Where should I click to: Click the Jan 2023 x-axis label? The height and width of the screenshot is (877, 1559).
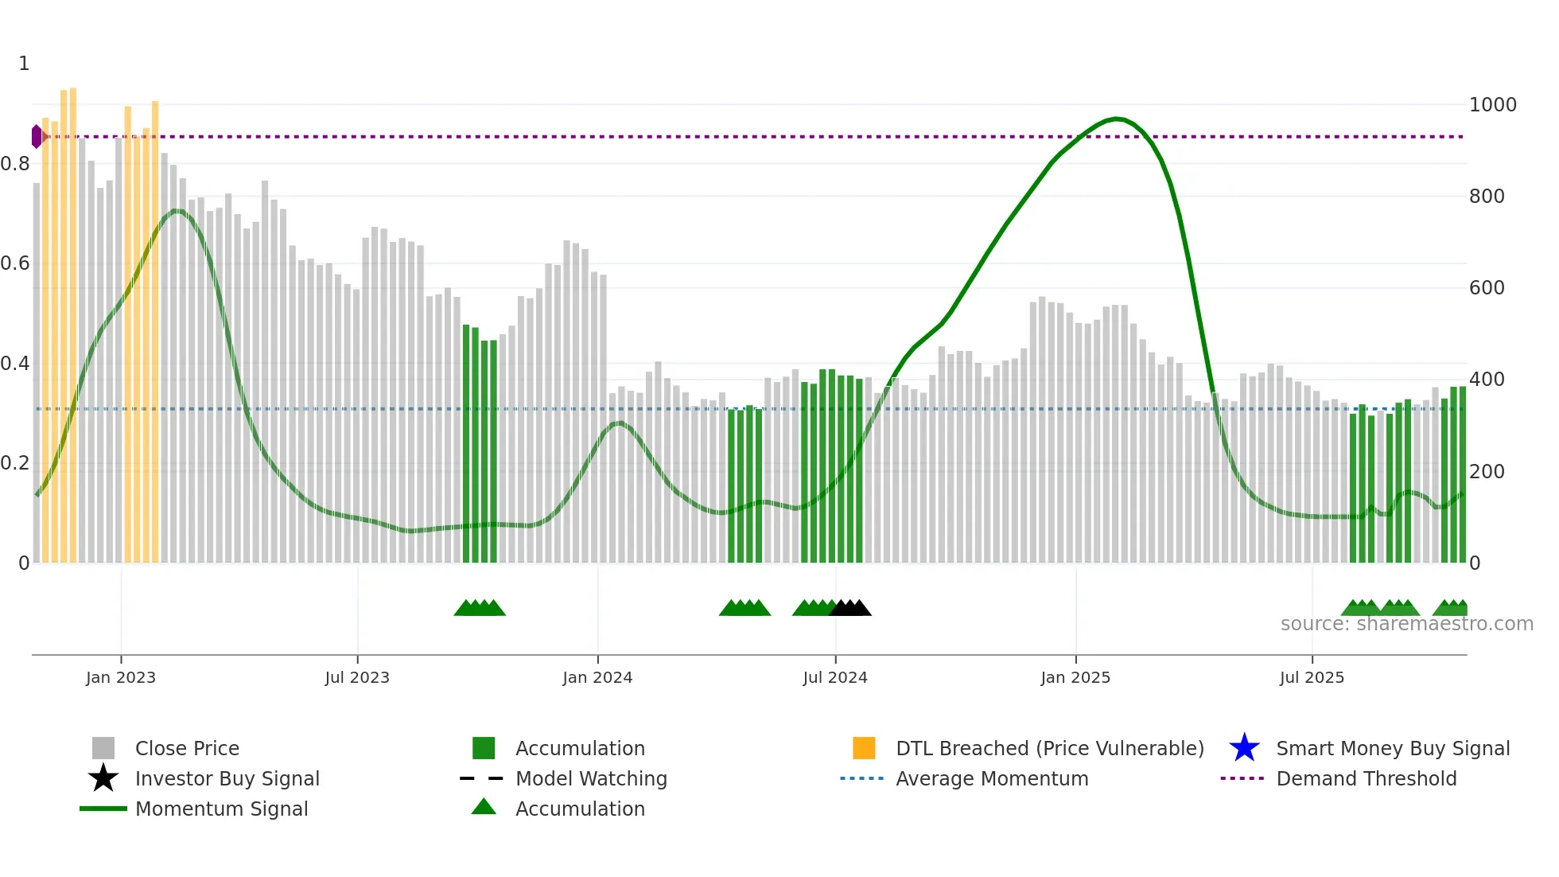(121, 678)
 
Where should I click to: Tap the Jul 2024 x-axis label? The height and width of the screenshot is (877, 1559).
(835, 678)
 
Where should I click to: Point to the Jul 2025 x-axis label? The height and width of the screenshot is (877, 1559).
(1312, 678)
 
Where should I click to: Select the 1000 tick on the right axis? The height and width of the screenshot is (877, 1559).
(1492, 105)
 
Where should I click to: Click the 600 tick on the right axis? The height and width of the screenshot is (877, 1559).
(1487, 288)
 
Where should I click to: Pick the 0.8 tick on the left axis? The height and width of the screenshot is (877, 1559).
(16, 164)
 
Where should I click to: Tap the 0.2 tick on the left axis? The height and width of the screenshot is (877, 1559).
(16, 463)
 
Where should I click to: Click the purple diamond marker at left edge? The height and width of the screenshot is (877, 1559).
(37, 137)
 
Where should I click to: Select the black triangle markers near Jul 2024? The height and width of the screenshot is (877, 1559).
(850, 608)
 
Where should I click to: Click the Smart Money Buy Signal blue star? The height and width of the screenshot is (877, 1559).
(1244, 748)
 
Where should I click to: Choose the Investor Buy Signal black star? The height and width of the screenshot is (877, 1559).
(103, 778)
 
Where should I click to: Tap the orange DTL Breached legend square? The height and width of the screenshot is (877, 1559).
(864, 748)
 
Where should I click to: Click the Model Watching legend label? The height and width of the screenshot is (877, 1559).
(591, 778)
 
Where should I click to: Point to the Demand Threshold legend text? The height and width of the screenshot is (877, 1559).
(1366, 778)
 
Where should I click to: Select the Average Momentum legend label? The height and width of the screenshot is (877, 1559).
(992, 778)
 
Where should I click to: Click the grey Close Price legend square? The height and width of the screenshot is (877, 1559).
(103, 748)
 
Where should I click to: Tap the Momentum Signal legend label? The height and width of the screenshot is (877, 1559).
(221, 809)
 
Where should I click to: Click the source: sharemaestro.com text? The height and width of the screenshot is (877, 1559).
(1406, 624)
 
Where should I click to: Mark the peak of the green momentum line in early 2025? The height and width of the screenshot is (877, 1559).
(1117, 119)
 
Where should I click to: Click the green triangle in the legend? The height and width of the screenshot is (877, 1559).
(484, 807)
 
